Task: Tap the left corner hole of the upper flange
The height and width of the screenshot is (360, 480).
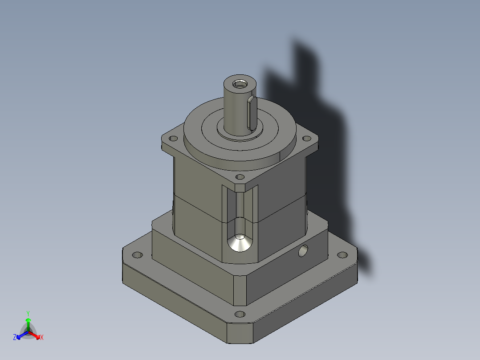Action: point(173,139)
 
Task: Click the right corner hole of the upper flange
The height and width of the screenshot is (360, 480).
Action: point(306,138)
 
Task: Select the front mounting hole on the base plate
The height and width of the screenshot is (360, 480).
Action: point(239,314)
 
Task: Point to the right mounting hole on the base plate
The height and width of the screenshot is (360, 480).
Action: point(342,255)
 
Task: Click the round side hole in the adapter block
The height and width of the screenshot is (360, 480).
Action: point(304,251)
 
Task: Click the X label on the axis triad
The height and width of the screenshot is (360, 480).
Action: point(42,338)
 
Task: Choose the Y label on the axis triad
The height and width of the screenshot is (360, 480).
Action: point(28,313)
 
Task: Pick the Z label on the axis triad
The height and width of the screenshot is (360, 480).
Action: point(15,338)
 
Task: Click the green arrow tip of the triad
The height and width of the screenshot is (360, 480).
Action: point(28,320)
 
